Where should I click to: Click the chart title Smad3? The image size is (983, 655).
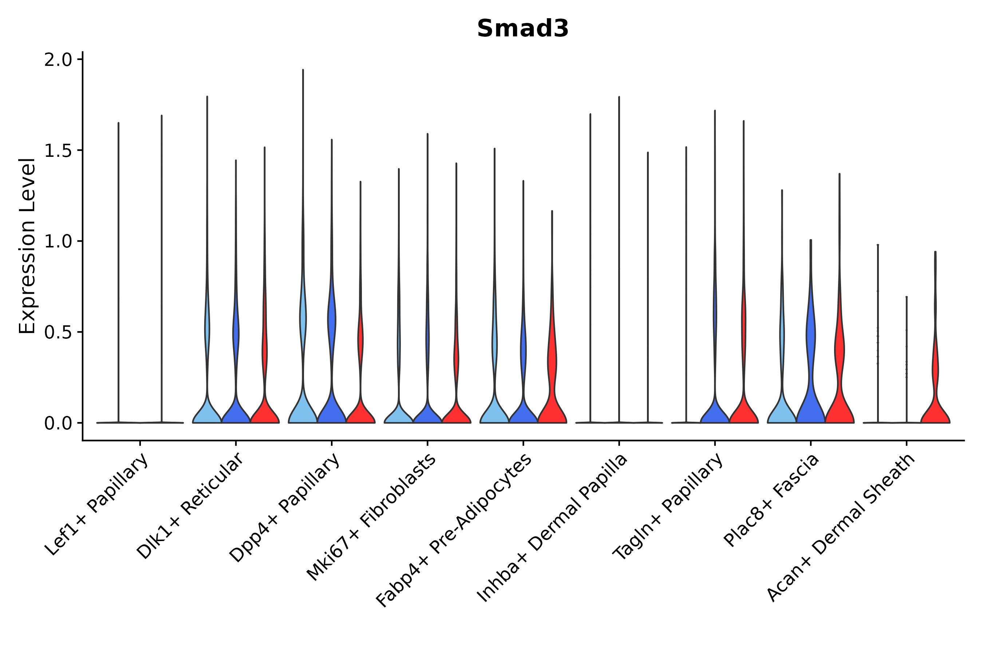[522, 28]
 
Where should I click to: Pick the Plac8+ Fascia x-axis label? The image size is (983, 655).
[771, 500]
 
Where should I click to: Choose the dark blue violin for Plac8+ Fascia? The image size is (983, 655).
[811, 401]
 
